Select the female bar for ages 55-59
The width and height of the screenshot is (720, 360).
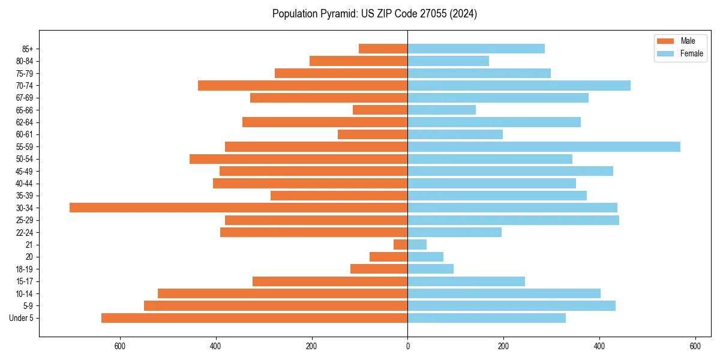pyautogui.click(x=544, y=146)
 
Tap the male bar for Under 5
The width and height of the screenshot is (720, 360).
pyautogui.click(x=254, y=318)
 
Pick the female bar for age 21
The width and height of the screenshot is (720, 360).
pyautogui.click(x=417, y=244)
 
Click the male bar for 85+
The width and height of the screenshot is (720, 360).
pyautogui.click(x=383, y=49)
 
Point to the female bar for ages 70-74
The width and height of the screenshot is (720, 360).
pyautogui.click(x=519, y=85)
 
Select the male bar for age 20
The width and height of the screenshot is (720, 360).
pyautogui.click(x=388, y=257)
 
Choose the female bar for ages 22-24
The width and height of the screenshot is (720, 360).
pyautogui.click(x=454, y=232)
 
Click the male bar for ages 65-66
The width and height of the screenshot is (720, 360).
pyautogui.click(x=380, y=110)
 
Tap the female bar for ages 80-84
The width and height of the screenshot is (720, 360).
pyautogui.click(x=448, y=61)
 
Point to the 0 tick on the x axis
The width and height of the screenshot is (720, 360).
pyautogui.click(x=407, y=346)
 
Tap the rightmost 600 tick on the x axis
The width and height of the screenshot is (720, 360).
pyautogui.click(x=695, y=346)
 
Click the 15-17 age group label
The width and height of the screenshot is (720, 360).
pyautogui.click(x=25, y=281)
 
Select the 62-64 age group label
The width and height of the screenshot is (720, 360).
pyautogui.click(x=25, y=122)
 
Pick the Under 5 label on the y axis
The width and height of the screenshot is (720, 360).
pyautogui.click(x=22, y=318)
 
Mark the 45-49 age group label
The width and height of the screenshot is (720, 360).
pyautogui.click(x=25, y=171)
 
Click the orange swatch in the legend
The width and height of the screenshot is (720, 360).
pyautogui.click(x=665, y=41)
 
